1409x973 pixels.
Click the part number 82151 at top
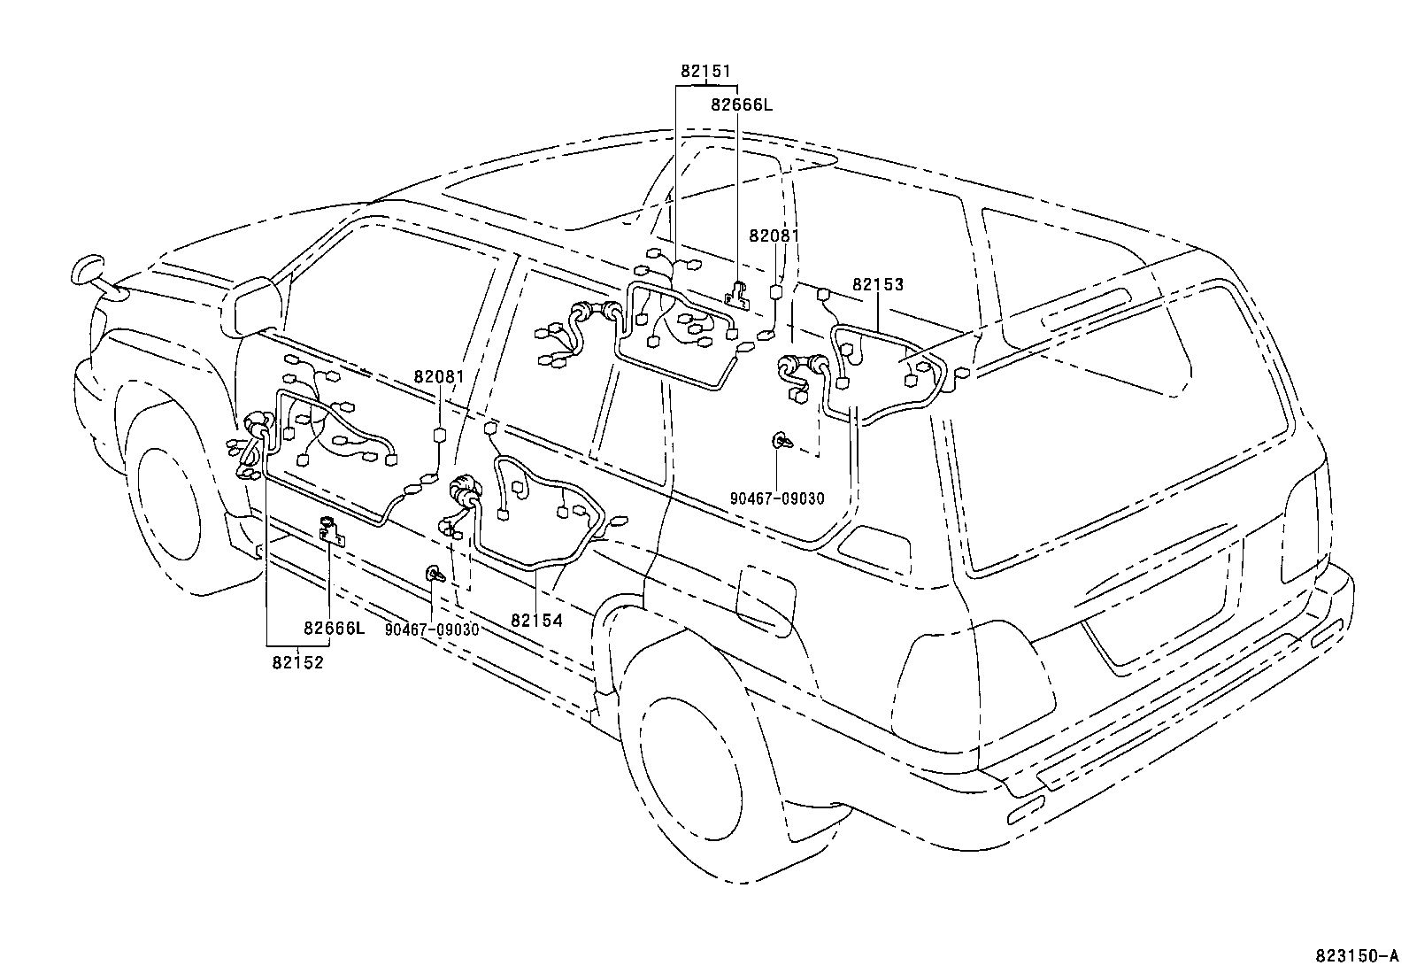[x=705, y=71]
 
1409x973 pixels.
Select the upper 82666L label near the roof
[x=742, y=104]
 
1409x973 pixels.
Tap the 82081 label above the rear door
[x=774, y=236]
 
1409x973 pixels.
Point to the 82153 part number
[x=878, y=284]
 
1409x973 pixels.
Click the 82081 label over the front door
[x=439, y=376]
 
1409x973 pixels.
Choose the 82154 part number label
[x=536, y=621]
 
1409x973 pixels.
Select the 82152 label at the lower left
[x=297, y=661]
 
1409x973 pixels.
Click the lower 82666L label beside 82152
[x=334, y=629]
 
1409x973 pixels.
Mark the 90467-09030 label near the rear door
[x=777, y=498]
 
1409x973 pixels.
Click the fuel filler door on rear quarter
[x=763, y=601]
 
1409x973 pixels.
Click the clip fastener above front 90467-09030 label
[x=435, y=575]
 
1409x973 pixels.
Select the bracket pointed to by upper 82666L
[x=737, y=297]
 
